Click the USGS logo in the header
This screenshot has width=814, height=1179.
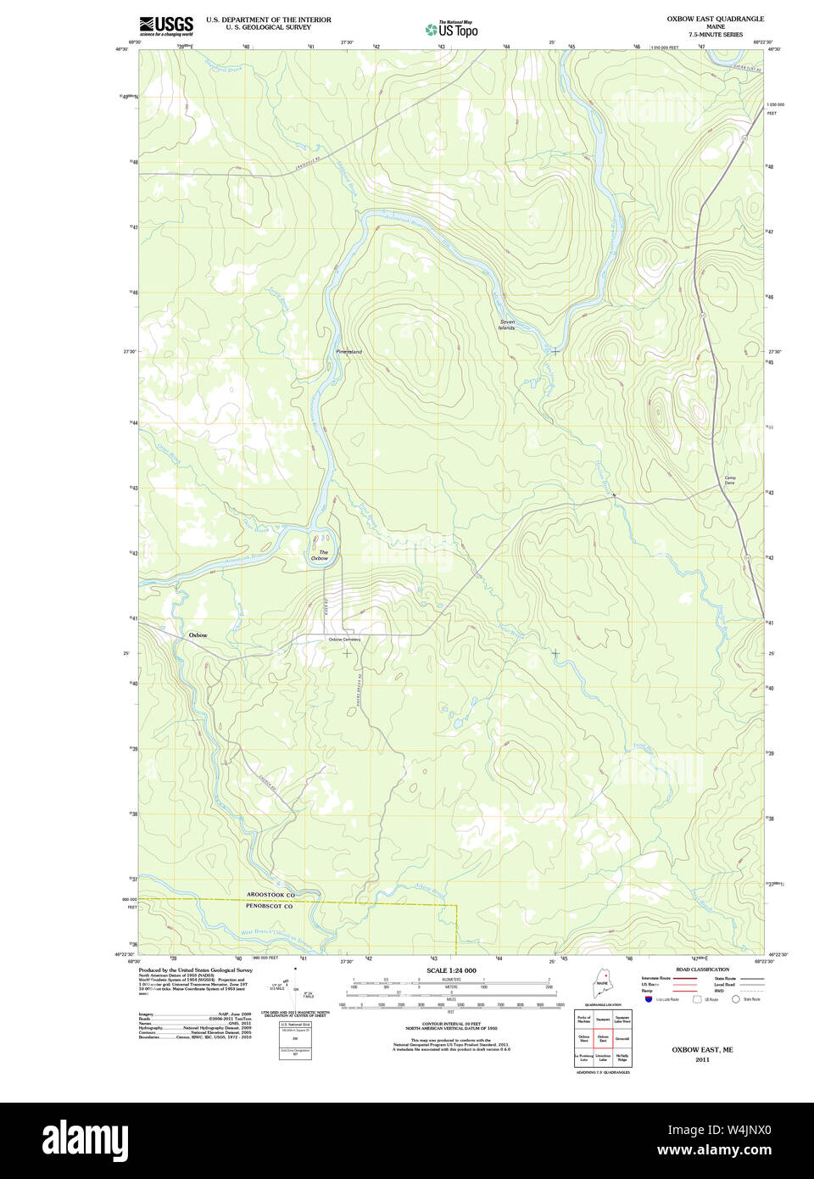click(166, 25)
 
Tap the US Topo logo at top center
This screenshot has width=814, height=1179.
click(452, 30)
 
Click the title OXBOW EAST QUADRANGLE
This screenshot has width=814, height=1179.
click(715, 19)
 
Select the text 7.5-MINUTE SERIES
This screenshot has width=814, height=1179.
click(715, 35)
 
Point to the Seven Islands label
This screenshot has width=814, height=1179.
click(507, 324)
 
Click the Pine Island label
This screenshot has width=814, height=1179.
click(348, 351)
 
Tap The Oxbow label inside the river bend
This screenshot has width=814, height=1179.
click(320, 556)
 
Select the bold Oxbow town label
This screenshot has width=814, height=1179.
click(198, 634)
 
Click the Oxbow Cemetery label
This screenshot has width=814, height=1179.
click(344, 640)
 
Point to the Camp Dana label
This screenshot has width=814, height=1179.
click(729, 480)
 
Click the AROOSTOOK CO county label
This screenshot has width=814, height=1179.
click(270, 895)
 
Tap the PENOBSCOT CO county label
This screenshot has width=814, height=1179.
click(269, 906)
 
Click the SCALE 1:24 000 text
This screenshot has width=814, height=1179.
click(451, 970)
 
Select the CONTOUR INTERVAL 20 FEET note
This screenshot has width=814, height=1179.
click(451, 1025)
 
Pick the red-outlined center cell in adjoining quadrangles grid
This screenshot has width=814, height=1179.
click(603, 1038)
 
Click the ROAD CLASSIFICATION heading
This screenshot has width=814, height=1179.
click(702, 969)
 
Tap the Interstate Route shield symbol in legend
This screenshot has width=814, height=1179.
click(650, 1000)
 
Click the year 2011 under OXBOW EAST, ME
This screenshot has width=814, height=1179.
click(702, 1059)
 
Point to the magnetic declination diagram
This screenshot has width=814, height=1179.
click(294, 988)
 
